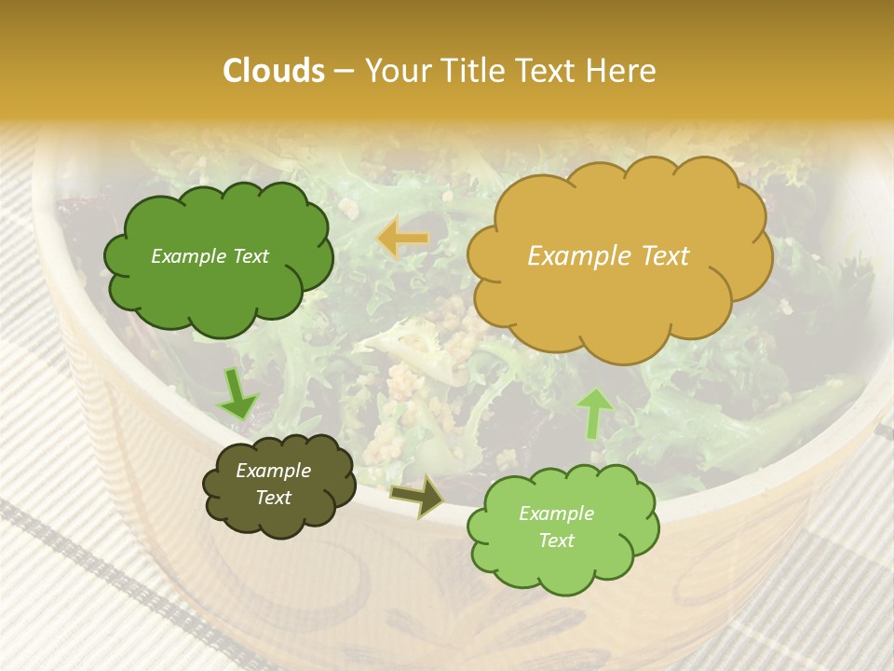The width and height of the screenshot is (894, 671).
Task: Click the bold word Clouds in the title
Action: pos(274,71)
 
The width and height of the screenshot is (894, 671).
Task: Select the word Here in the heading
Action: pos(622,71)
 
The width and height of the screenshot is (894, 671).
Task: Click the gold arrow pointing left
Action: pos(402,239)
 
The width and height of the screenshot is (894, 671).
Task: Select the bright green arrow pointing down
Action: pos(237,394)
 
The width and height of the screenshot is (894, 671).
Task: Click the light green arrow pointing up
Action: pos(593,413)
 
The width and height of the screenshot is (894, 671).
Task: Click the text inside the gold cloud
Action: pos(608,256)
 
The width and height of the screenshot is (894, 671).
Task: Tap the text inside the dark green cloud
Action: pos(210,256)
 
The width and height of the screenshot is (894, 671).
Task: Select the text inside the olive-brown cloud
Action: pos(274,484)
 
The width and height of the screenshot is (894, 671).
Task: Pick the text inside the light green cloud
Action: pos(556,527)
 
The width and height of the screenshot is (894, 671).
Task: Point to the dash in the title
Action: pos(344,71)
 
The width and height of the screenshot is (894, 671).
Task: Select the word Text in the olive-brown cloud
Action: pos(274,498)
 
